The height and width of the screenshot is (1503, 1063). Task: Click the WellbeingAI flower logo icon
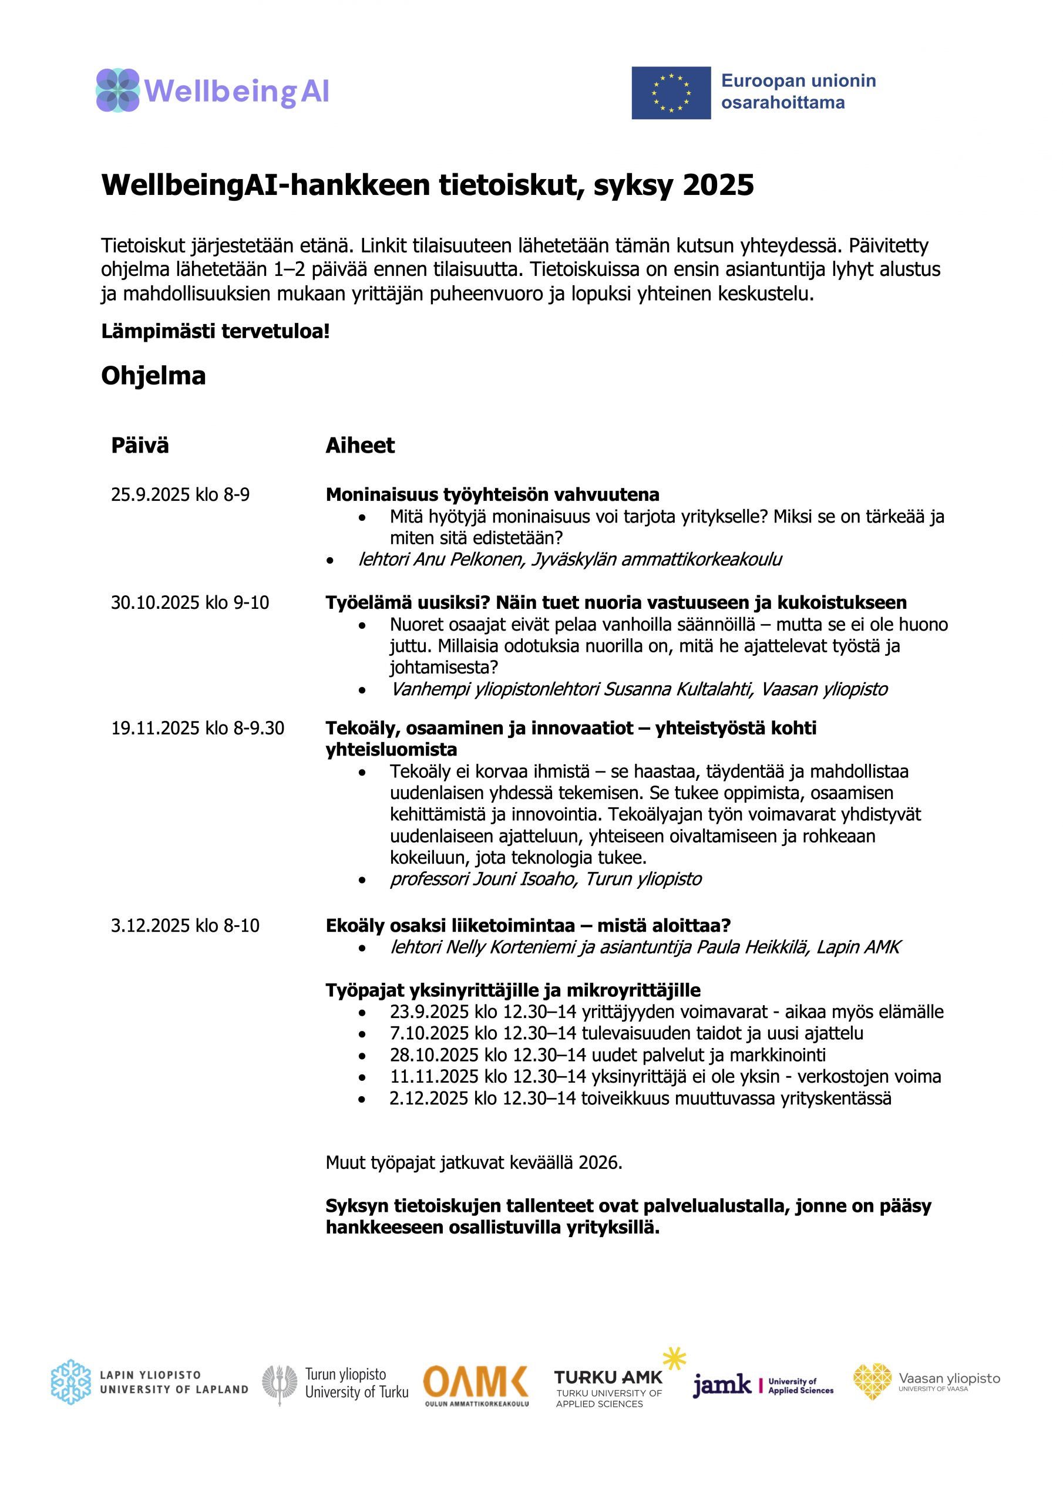pyautogui.click(x=118, y=90)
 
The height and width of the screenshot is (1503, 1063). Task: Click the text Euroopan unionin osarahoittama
pyautogui.click(x=798, y=92)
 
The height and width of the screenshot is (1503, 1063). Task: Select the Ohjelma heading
pyautogui.click(x=153, y=376)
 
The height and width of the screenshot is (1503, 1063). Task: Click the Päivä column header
pyautogui.click(x=140, y=446)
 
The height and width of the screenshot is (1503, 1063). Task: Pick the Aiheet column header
pyautogui.click(x=359, y=446)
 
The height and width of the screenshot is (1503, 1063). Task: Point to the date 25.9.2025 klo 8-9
pyautogui.click(x=180, y=495)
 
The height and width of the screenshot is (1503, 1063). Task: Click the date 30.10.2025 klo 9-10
pyautogui.click(x=190, y=603)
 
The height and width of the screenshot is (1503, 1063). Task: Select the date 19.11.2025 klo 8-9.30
pyautogui.click(x=197, y=729)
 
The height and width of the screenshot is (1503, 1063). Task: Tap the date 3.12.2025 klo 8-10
pyautogui.click(x=184, y=926)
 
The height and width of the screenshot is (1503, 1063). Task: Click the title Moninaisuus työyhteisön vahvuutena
pyautogui.click(x=492, y=495)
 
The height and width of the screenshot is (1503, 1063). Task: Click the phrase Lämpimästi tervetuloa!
pyautogui.click(x=215, y=332)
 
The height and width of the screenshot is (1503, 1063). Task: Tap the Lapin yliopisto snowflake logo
pyautogui.click(x=70, y=1383)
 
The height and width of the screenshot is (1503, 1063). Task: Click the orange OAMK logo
pyautogui.click(x=476, y=1383)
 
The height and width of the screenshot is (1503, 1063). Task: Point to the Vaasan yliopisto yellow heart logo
pyautogui.click(x=872, y=1381)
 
